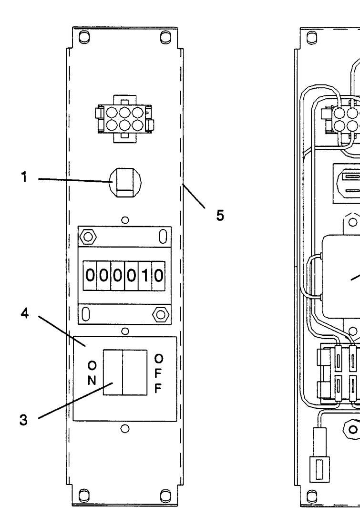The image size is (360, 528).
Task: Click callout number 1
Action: (24, 177)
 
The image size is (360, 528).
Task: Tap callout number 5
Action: (219, 215)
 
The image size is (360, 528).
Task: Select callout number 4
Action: (25, 314)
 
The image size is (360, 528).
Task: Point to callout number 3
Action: (23, 420)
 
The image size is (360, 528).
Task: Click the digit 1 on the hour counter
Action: (145, 276)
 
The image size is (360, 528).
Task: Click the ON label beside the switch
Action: (92, 373)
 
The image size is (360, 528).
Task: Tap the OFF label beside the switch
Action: (158, 374)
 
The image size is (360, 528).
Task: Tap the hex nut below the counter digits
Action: (161, 314)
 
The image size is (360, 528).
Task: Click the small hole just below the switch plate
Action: (125, 428)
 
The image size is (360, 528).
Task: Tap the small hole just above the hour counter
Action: (125, 220)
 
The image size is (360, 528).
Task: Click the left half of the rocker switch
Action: (113, 373)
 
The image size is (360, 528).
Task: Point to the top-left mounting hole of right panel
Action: (312, 37)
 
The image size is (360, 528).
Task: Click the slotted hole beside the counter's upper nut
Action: (163, 237)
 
